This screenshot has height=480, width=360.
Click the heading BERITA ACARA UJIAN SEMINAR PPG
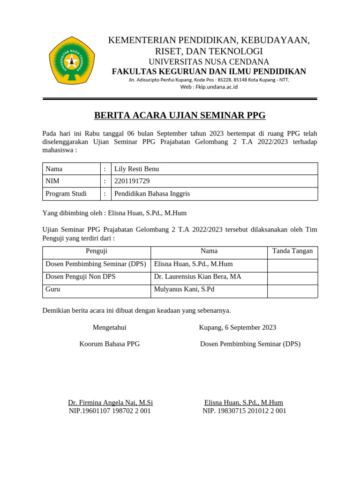[180, 115]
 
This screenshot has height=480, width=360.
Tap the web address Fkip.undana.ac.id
[209, 87]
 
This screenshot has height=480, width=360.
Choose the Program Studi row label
[66, 194]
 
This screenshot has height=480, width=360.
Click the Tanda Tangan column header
[292, 251]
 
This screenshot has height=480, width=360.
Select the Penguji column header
[97, 251]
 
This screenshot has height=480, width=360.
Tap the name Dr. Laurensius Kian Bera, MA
[197, 277]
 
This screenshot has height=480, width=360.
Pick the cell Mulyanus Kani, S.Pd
[184, 289]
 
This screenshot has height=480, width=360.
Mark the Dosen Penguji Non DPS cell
[80, 277]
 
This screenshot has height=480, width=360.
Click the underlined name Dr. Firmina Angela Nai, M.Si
[110, 403]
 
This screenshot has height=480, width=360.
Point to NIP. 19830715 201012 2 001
[244, 411]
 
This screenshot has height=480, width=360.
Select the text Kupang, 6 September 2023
[237, 327]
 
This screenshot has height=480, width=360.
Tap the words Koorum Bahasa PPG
[109, 344]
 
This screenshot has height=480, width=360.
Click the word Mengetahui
[109, 327]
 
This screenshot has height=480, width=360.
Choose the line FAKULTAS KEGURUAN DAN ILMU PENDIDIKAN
[209, 71]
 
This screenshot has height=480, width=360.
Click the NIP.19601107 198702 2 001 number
[110, 411]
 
